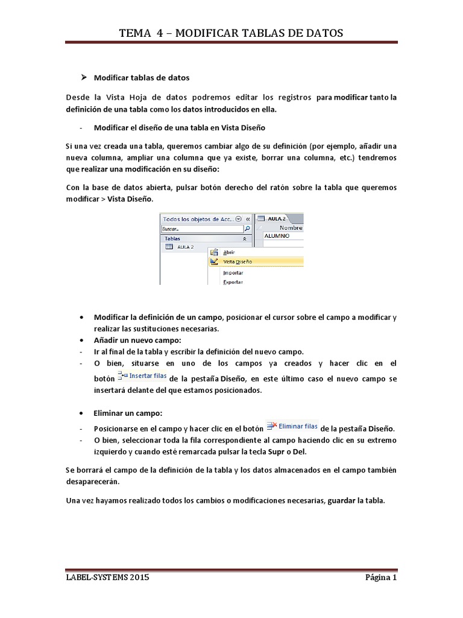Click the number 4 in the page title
click(x=159, y=33)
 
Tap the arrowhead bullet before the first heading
click(x=84, y=77)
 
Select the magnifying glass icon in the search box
click(x=247, y=229)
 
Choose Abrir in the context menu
click(x=229, y=252)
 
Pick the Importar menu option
click(x=233, y=273)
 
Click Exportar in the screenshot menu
click(x=233, y=282)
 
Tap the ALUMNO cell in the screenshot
click(x=277, y=236)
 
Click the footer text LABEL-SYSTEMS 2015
click(x=108, y=578)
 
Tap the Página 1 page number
click(x=380, y=578)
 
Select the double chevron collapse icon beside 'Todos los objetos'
click(x=248, y=219)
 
